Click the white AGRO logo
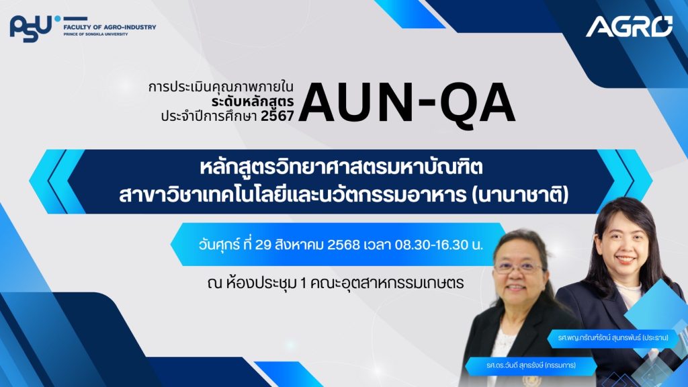click(x=629, y=26)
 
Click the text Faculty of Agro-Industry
click(x=110, y=27)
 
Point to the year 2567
click(x=277, y=116)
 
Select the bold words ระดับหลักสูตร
click(x=253, y=102)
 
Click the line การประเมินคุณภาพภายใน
click(x=220, y=87)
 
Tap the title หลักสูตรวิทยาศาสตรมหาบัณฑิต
click(x=341, y=168)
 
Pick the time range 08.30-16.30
click(x=432, y=245)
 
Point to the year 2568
click(x=343, y=245)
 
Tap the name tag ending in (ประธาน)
click(x=613, y=338)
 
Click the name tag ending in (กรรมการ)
click(x=531, y=365)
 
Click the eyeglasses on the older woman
click(x=519, y=267)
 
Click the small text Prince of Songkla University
click(x=95, y=34)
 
